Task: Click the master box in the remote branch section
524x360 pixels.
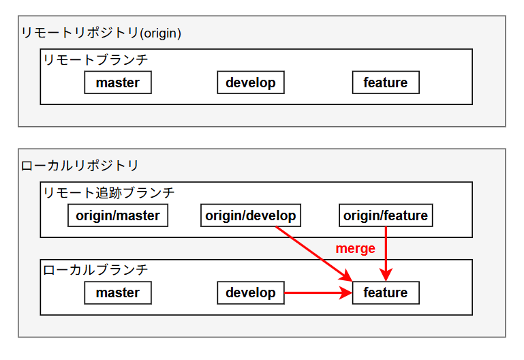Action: [x=117, y=82]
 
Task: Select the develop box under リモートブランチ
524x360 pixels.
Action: [x=251, y=82]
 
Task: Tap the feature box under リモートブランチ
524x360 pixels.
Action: [x=386, y=82]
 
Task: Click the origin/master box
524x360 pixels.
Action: [x=118, y=215]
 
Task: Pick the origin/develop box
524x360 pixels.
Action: [x=251, y=215]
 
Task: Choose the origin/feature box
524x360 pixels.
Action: [x=386, y=215]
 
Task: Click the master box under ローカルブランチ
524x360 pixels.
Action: [x=117, y=292]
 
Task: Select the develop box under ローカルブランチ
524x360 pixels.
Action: [x=251, y=292]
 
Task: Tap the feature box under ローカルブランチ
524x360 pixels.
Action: [x=386, y=292]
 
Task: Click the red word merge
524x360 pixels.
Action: [x=355, y=249]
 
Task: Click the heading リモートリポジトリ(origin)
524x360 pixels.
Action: [x=101, y=33]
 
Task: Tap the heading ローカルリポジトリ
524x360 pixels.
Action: [x=80, y=165]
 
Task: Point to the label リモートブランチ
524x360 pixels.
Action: [x=95, y=60]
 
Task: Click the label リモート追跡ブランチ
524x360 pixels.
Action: [x=109, y=193]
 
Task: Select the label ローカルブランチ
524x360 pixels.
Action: [x=95, y=270]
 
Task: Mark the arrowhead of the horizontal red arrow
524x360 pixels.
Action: [x=347, y=293]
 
